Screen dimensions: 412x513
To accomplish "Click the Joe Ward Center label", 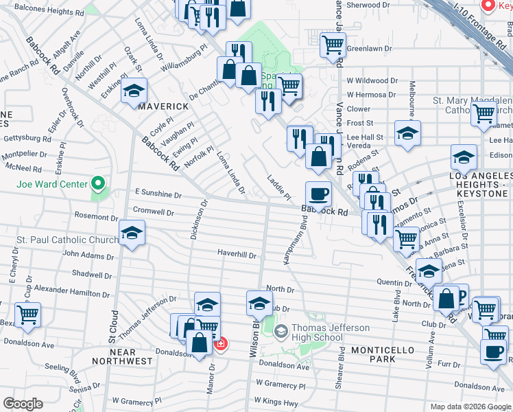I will pyautogui.click(x=52, y=184).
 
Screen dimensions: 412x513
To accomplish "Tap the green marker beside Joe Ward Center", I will pyautogui.click(x=97, y=184).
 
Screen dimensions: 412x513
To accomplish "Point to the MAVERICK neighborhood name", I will pyautogui.click(x=163, y=106).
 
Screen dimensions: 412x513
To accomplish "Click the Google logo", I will pyautogui.click(x=23, y=404).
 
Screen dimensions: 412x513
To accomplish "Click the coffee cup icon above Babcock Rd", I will pyautogui.click(x=318, y=194).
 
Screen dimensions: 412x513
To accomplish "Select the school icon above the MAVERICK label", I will pyautogui.click(x=134, y=91).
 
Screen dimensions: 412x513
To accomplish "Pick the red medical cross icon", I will pyautogui.click(x=220, y=343).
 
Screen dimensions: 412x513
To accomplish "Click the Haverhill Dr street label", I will pyautogui.click(x=237, y=255).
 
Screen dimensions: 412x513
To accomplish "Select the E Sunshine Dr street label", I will pyautogui.click(x=158, y=194).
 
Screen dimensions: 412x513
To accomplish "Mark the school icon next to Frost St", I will pyautogui.click(x=407, y=132).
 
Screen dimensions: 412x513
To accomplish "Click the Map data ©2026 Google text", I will pyautogui.click(x=471, y=407).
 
